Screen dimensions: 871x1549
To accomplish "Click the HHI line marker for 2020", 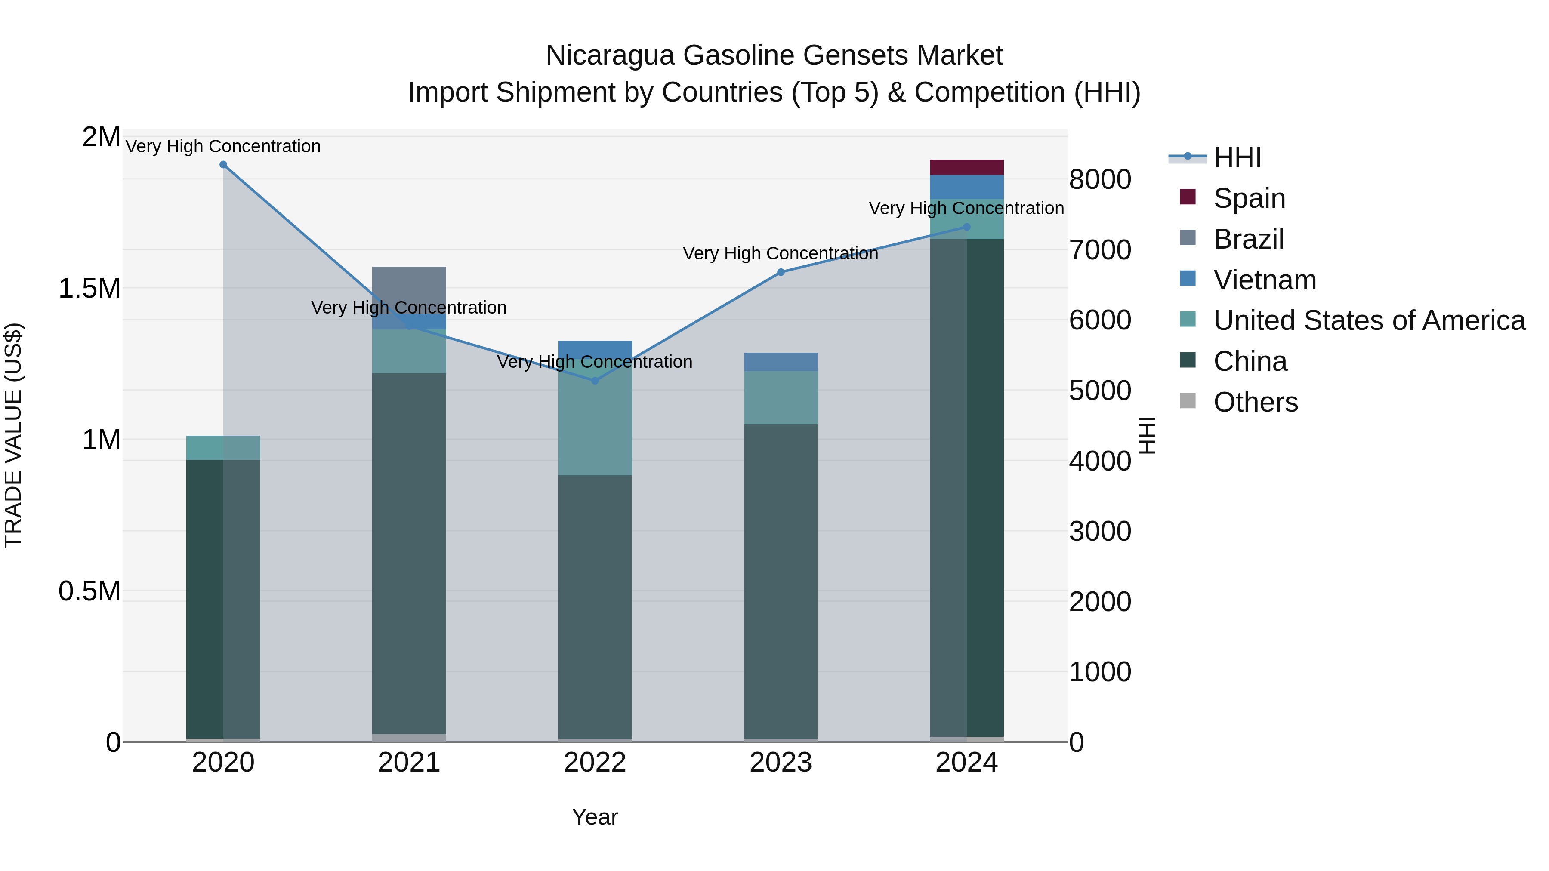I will click(223, 165).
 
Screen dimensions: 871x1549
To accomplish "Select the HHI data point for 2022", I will click(595, 381).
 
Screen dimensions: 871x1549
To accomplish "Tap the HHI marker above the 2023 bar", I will click(781, 272).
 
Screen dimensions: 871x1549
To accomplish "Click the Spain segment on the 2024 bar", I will click(966, 167).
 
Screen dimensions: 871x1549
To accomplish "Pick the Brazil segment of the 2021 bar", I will click(409, 289).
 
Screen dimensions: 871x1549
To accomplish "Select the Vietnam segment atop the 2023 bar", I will click(781, 362).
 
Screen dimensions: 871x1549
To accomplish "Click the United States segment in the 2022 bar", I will click(595, 421).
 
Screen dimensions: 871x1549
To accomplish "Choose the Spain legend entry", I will click(1249, 198).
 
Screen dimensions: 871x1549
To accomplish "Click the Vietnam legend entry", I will click(1265, 280).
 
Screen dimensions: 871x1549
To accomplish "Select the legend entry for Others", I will click(1255, 402).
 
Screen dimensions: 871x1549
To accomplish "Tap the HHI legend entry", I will click(1237, 157).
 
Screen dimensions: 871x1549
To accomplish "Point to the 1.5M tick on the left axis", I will click(89, 289).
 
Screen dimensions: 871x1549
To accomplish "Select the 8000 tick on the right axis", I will click(1100, 180).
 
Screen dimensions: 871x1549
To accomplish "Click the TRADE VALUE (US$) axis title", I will click(13, 435).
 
